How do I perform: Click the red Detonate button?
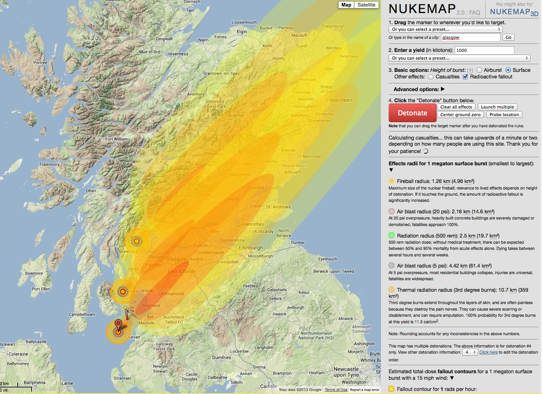tap(412, 113)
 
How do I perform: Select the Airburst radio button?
tap(479, 70)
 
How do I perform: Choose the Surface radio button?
tap(508, 70)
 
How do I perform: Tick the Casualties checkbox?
tap(431, 77)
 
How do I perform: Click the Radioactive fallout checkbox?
tap(465, 77)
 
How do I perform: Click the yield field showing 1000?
tap(484, 50)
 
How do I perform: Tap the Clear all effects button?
tap(456, 107)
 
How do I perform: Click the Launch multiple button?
tap(497, 107)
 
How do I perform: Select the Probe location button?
tap(504, 115)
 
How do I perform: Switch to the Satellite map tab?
tap(366, 5)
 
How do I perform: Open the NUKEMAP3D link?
tap(514, 12)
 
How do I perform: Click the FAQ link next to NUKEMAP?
tap(475, 13)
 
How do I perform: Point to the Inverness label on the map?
tap(178, 54)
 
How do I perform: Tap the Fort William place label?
tap(116, 139)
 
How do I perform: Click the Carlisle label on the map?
tap(268, 386)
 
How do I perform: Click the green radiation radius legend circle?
tap(391, 235)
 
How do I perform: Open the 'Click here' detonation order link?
tap(488, 352)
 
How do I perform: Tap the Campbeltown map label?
tap(82, 314)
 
